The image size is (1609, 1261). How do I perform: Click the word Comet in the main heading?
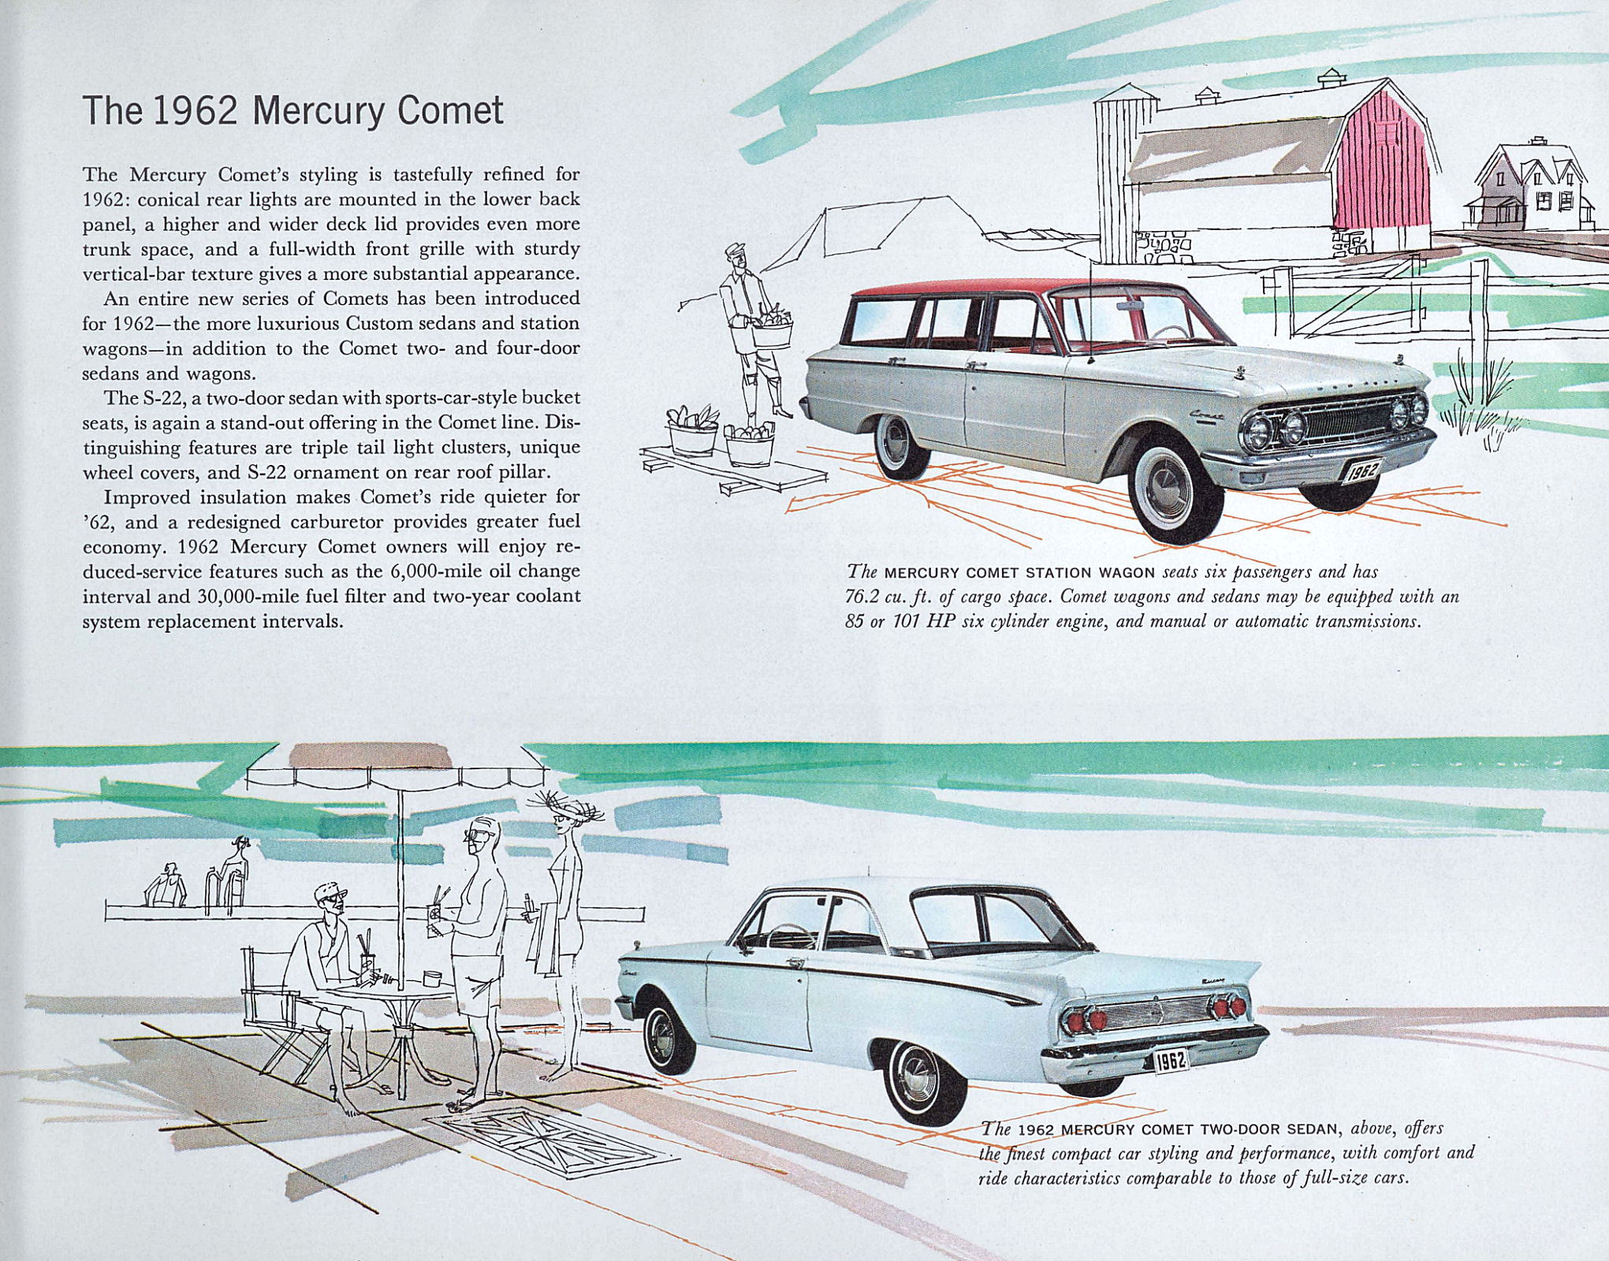[449, 110]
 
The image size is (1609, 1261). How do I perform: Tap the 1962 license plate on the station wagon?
[1361, 471]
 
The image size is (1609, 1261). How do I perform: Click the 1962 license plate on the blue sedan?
[1170, 1061]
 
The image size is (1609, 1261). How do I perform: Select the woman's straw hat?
[565, 805]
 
